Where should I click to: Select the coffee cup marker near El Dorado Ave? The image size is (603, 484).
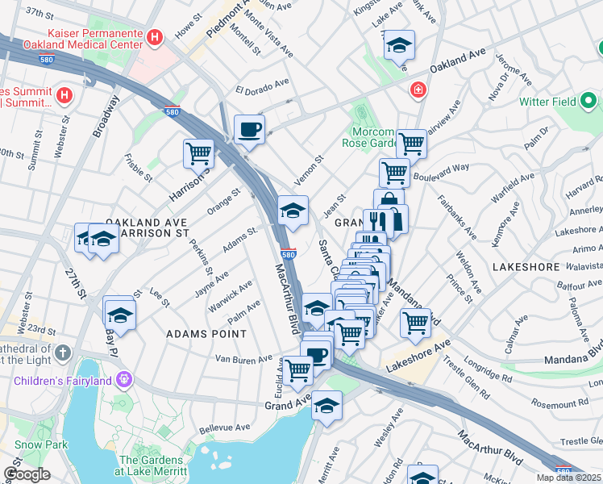pos(249,129)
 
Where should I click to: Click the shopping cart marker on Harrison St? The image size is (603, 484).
pos(198,152)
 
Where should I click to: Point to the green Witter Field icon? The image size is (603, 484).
pos(589,102)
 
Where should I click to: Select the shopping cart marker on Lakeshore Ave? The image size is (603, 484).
pos(415,322)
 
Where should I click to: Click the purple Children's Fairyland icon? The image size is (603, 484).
pos(123,378)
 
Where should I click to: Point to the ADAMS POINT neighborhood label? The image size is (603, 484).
pos(206,333)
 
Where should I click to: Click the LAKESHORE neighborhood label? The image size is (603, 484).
pos(522,265)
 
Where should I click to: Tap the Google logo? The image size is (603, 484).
pos(27,474)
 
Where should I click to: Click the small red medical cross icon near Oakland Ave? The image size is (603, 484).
pos(418,89)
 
